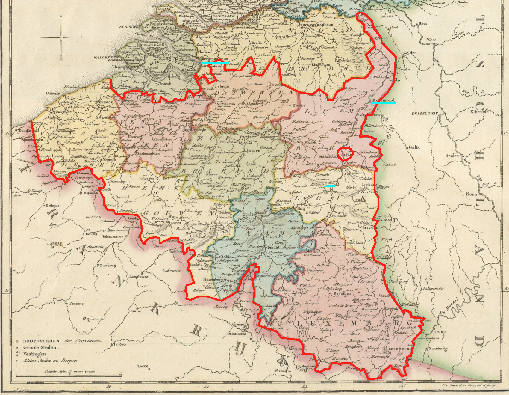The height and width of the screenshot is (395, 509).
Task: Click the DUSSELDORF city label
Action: coord(425,114)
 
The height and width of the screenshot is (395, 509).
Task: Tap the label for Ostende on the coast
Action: coord(53,93)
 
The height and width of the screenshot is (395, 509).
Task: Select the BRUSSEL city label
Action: coord(199,156)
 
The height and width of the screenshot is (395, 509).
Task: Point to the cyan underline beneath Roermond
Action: coord(383,103)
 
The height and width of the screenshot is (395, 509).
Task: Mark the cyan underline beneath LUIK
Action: coord(330,186)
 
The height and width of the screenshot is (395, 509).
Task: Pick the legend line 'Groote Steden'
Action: coord(40,347)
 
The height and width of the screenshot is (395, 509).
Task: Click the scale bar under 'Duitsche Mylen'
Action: coord(69,375)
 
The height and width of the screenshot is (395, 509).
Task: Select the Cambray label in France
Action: coord(107,265)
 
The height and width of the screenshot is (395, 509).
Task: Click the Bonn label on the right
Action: coord(471,194)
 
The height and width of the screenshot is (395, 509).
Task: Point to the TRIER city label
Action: coord(440,332)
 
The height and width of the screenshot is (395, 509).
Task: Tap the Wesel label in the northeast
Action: coord(432,40)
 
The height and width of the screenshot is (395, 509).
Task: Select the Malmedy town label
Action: coord(386,220)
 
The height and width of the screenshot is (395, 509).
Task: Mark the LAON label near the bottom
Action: coord(143,366)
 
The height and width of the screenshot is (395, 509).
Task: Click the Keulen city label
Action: coord(452,156)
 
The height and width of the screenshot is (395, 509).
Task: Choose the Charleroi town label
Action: coord(219,223)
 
